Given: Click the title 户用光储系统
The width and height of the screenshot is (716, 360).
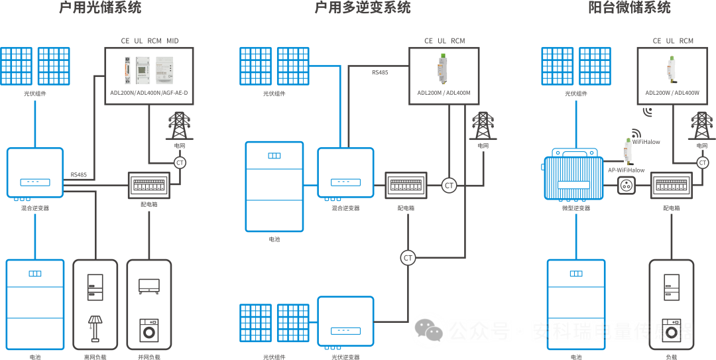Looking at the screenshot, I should click(x=99, y=8).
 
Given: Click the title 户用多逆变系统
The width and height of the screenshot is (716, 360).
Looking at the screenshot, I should click(x=362, y=8).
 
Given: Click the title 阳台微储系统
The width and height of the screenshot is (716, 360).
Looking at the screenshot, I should click(x=629, y=8).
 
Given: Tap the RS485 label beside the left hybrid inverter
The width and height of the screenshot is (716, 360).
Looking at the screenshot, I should click(x=78, y=175).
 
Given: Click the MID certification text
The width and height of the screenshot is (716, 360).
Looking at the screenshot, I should click(x=173, y=41).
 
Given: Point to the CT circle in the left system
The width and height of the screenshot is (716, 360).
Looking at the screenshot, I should click(x=180, y=162).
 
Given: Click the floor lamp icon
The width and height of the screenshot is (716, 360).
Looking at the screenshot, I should click(x=95, y=328).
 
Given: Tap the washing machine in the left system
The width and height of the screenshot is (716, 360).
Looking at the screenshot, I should click(x=149, y=330).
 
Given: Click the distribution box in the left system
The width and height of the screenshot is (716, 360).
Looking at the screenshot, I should click(x=149, y=185).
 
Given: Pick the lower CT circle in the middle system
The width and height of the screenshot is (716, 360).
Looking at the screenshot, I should click(x=408, y=258).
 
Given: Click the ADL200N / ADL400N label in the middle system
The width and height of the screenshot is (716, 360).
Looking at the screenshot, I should click(x=444, y=93).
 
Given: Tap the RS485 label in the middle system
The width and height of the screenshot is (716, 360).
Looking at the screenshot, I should click(x=380, y=72).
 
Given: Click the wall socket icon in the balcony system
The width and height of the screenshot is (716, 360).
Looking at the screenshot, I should click(x=626, y=186).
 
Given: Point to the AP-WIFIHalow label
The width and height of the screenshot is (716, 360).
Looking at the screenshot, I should click(x=626, y=170).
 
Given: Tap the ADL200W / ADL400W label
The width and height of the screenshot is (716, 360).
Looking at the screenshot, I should click(x=672, y=93).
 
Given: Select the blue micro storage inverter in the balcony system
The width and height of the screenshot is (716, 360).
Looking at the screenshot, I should click(x=574, y=177).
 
